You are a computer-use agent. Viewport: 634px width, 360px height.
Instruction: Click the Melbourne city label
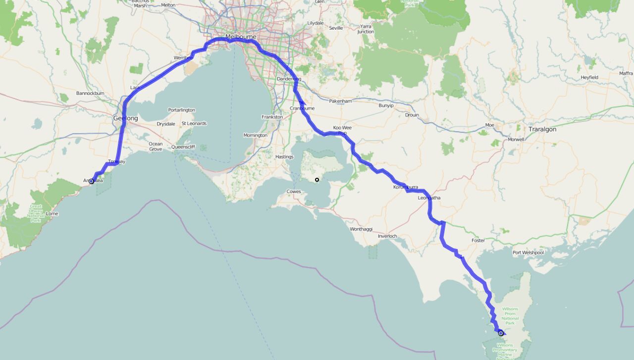click(241, 37)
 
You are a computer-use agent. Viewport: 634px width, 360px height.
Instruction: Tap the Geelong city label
click(126, 118)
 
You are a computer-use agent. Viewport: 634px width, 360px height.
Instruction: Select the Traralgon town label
click(542, 129)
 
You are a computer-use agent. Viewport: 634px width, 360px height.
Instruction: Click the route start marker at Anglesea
click(91, 181)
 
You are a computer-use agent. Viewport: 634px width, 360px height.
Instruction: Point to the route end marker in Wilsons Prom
click(501, 333)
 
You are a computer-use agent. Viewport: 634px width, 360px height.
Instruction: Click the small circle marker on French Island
click(317, 180)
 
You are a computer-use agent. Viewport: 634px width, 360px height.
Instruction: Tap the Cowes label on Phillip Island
click(294, 192)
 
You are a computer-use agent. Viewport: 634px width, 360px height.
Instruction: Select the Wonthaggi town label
click(361, 229)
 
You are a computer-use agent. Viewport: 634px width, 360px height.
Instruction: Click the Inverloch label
click(387, 236)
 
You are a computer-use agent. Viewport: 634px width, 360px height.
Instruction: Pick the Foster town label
click(478, 241)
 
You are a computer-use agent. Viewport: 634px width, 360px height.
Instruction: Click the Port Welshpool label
click(528, 253)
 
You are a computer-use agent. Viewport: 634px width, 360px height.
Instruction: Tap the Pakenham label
click(340, 101)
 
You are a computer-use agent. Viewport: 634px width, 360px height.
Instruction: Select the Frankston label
click(272, 117)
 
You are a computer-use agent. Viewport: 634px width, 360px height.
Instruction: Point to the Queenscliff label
click(184, 147)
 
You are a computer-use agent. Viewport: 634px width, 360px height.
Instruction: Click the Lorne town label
click(52, 214)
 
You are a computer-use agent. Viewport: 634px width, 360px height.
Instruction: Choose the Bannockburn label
click(90, 93)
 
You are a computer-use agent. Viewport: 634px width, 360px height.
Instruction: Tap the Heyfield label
click(589, 78)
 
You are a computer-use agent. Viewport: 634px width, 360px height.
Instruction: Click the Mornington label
click(255, 135)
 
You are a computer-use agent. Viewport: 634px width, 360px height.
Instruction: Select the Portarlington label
click(181, 110)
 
